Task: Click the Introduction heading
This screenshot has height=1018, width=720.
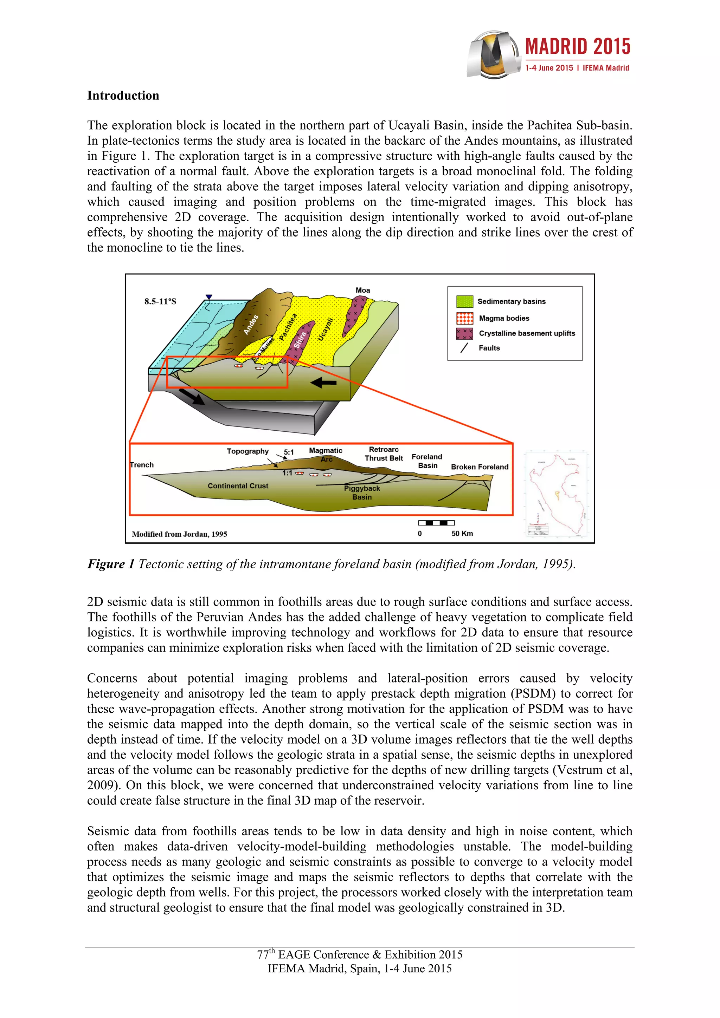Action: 123,96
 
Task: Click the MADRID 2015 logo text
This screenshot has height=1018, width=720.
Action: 578,47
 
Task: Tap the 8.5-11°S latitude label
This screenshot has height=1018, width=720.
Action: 160,301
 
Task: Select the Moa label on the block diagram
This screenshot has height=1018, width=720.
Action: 362,291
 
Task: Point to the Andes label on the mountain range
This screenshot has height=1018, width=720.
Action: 251,325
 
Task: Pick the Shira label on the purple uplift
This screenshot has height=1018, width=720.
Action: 300,340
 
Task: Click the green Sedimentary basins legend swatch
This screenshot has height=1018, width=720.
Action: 464,301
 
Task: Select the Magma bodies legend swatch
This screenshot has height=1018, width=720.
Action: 464,318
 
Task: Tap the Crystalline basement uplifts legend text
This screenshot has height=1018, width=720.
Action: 527,333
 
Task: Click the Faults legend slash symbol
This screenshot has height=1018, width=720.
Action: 464,348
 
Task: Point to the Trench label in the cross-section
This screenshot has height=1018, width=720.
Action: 142,465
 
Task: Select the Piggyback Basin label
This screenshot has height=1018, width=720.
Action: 362,492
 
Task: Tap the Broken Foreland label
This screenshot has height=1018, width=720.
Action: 480,467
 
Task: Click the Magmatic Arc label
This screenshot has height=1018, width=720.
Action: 326,455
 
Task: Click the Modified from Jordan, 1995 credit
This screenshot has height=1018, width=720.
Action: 179,534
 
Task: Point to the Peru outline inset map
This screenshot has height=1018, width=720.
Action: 557,494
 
